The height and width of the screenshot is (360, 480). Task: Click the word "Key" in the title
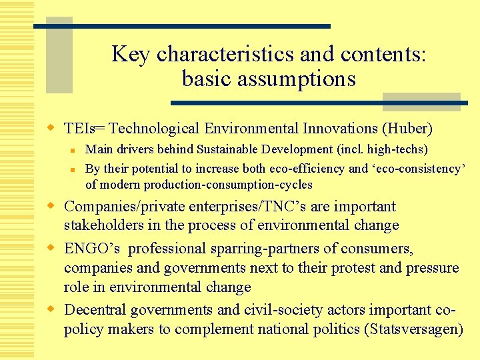point(130,54)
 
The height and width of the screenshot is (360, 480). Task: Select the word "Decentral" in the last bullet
point(95,311)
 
